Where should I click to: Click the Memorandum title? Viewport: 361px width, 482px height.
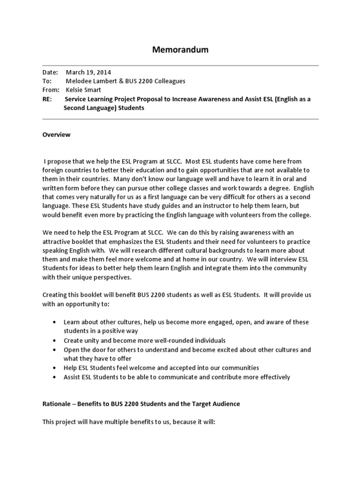tap(180, 49)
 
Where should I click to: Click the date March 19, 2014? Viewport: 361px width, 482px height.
tap(88, 72)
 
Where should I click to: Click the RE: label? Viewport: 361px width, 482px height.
tap(48, 99)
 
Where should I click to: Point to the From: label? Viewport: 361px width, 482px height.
tap(51, 90)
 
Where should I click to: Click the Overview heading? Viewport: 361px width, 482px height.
tap(56, 135)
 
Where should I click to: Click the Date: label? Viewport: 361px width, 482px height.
tap(50, 72)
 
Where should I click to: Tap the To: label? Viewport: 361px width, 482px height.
tap(47, 81)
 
